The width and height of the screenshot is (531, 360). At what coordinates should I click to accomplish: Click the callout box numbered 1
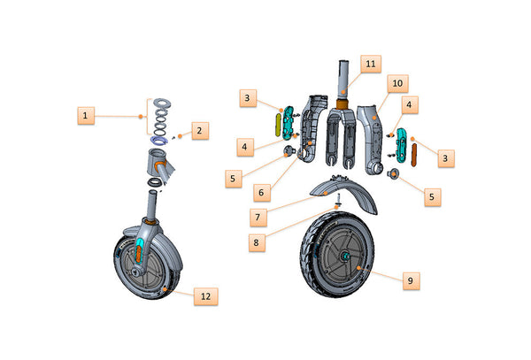86,115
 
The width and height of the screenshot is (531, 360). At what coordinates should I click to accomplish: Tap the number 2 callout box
200,130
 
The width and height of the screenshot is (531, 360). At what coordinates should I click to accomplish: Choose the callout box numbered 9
409,280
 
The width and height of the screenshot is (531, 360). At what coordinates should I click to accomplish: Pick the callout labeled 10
397,82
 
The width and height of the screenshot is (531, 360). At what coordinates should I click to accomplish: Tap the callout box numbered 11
371,64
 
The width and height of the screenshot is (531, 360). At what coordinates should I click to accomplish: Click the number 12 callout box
205,295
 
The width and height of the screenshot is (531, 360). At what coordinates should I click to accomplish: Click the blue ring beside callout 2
160,141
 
